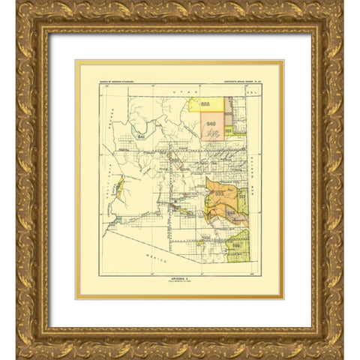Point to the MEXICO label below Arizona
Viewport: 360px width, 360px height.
click(147, 256)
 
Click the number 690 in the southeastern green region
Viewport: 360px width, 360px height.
click(236, 244)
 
